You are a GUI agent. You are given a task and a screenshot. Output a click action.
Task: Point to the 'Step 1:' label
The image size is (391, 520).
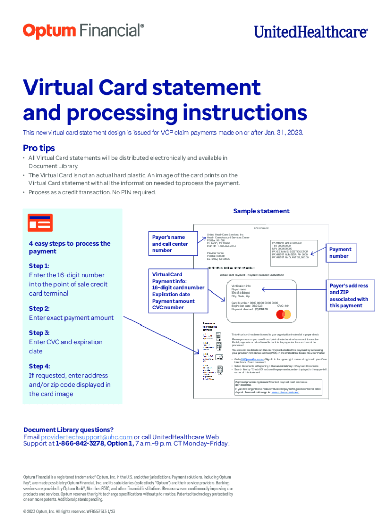(39, 266)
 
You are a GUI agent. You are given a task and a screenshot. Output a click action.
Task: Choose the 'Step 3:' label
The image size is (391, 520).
(39, 333)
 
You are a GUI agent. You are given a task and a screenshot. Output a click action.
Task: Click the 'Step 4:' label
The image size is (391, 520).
(39, 366)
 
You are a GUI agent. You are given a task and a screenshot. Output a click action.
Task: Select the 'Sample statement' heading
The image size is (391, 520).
(262, 211)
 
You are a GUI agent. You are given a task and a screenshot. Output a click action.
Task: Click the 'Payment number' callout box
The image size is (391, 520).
(340, 252)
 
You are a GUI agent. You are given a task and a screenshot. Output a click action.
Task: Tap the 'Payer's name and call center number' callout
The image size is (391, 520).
(170, 243)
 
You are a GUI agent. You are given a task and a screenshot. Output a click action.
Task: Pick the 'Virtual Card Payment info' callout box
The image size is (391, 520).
(177, 291)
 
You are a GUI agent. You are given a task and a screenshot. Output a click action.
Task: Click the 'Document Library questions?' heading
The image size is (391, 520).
(69, 430)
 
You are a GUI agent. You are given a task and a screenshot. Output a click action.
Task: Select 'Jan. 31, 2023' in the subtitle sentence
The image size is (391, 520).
(283, 133)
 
